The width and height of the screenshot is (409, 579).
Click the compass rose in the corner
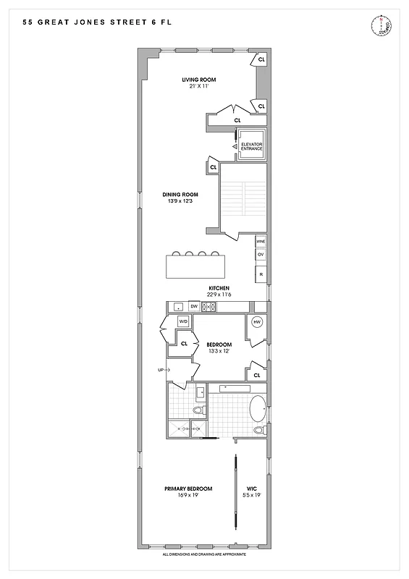point(381,27)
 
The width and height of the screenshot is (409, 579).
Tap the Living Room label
point(198,80)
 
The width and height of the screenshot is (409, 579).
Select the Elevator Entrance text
point(251,146)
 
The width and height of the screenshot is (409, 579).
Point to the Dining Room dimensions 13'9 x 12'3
point(180,201)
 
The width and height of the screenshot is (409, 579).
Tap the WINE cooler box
point(261,241)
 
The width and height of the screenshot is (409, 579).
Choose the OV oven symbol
point(261,255)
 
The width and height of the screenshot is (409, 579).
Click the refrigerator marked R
point(261,274)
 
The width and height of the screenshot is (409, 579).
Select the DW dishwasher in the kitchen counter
point(194,307)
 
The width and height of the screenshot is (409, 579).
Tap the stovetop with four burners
point(208,307)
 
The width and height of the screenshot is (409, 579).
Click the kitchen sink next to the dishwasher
point(178,307)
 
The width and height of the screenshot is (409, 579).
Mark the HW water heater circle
point(256,323)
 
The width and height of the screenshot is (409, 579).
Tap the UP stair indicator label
point(161,369)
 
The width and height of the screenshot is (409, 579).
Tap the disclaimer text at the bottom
point(205,554)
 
